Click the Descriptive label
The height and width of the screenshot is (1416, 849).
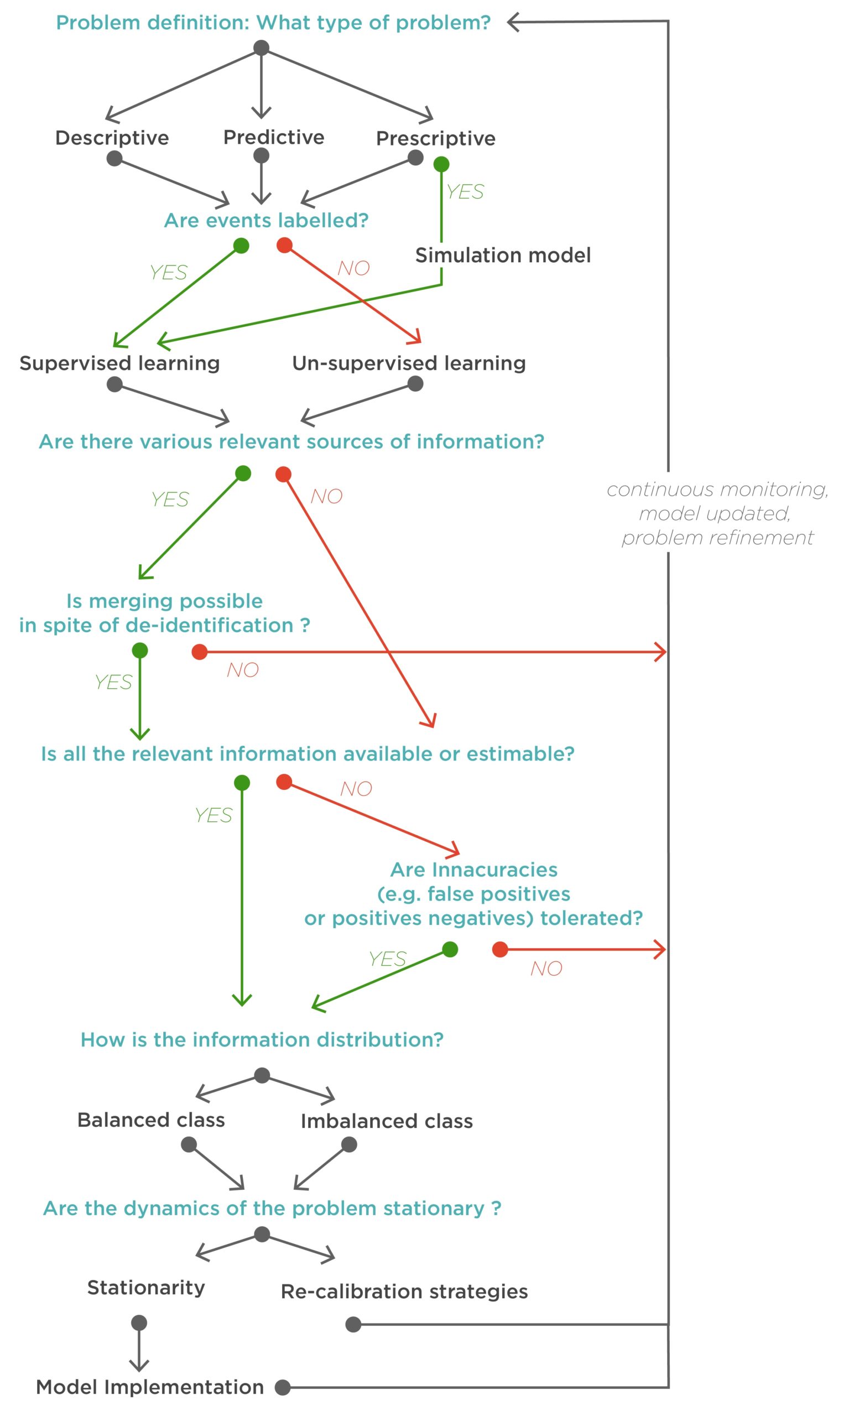click(x=112, y=138)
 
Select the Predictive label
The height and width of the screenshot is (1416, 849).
click(x=273, y=137)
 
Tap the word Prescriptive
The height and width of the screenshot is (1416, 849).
click(x=435, y=138)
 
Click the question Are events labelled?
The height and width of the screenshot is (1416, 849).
click(x=266, y=220)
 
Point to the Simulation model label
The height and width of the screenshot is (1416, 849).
click(x=503, y=255)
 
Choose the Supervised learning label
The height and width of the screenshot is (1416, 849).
click(x=119, y=363)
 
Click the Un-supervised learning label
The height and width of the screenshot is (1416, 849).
click(x=409, y=363)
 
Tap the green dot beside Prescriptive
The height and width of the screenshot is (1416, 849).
click(x=441, y=165)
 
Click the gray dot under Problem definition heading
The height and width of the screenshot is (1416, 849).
click(x=262, y=48)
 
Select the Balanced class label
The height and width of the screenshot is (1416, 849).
click(x=151, y=1120)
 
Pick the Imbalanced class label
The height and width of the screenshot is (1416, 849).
click(x=387, y=1121)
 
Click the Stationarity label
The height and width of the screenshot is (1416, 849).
click(x=146, y=1288)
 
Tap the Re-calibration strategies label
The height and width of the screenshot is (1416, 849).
click(x=404, y=1292)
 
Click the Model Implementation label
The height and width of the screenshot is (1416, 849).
click(x=150, y=1387)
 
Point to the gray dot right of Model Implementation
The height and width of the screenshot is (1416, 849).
click(x=283, y=1387)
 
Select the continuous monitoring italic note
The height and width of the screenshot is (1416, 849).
click(x=717, y=513)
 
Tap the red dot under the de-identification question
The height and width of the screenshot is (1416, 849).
click(x=200, y=652)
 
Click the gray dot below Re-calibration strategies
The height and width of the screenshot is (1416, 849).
click(x=353, y=1325)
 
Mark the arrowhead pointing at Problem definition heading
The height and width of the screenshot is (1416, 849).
click(x=513, y=22)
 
